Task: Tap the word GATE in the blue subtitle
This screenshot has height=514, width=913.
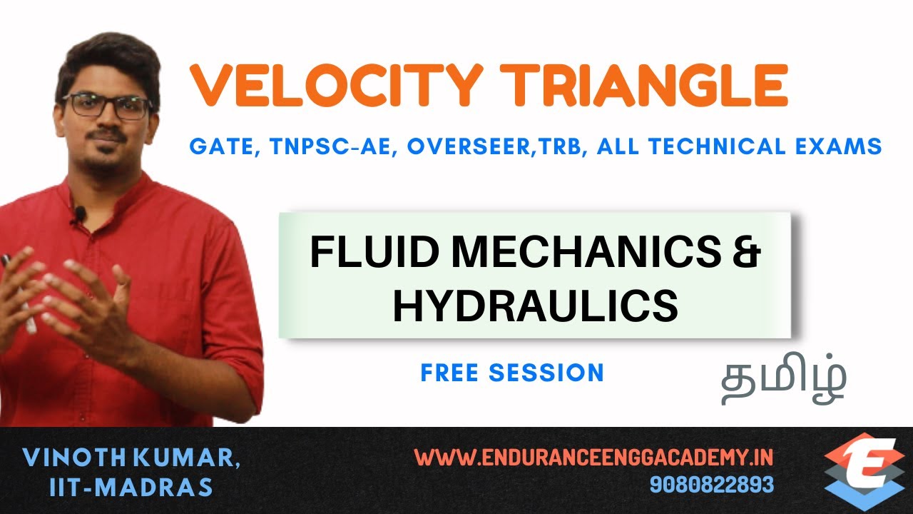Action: coord(218,147)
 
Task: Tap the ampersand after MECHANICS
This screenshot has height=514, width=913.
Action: coord(746,253)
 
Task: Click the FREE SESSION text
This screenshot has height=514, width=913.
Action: coord(512,373)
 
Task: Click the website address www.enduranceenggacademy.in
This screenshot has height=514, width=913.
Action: coord(593,457)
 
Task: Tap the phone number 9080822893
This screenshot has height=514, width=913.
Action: coord(711,485)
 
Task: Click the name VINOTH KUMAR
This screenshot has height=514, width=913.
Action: coord(131,458)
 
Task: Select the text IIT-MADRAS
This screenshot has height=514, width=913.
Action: coord(131,487)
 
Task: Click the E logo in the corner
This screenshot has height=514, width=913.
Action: coord(864,471)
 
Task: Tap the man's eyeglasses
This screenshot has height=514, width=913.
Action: coord(107,106)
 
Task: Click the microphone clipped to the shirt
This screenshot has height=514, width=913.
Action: coord(80,213)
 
